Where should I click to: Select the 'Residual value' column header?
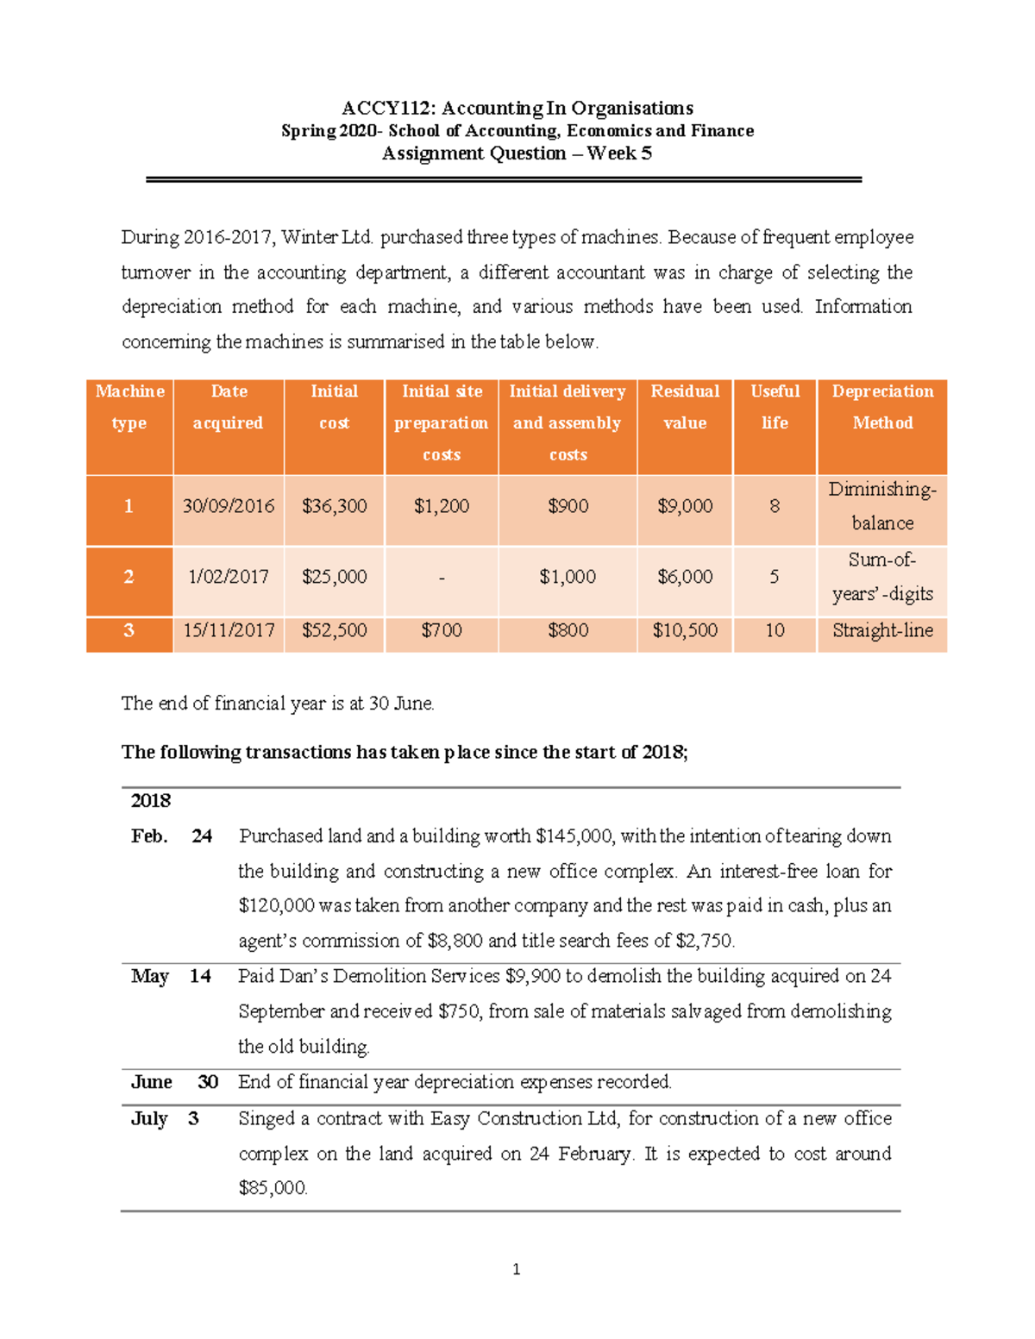click(x=685, y=407)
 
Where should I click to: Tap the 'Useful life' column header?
click(x=775, y=407)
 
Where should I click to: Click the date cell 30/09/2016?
click(x=229, y=506)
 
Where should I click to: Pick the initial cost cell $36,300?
click(x=334, y=506)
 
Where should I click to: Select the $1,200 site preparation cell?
click(x=442, y=506)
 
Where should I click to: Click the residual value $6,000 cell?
click(x=685, y=577)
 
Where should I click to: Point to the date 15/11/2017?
click(x=229, y=630)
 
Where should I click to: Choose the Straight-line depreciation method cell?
click(x=882, y=630)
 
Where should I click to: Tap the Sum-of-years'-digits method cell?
click(x=882, y=577)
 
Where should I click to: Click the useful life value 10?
click(x=775, y=630)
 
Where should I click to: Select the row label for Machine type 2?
click(x=129, y=577)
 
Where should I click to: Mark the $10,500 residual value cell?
click(x=685, y=630)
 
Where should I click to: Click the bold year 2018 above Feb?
click(x=151, y=801)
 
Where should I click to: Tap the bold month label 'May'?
click(x=149, y=976)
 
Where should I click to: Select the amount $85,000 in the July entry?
click(x=273, y=1188)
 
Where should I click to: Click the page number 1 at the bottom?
click(x=516, y=1269)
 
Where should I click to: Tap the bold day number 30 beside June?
click(x=207, y=1082)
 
